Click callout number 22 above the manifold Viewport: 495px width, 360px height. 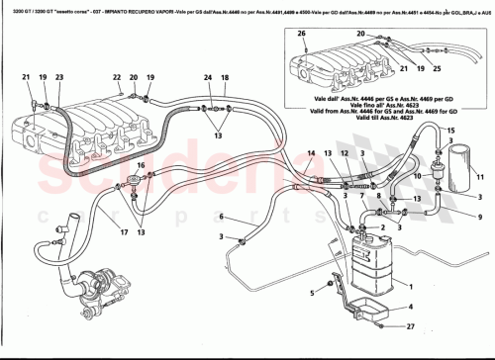pos(116,77)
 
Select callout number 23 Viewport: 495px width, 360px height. pos(59,77)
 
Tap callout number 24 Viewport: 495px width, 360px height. pos(208,77)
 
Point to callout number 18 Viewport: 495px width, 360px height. pos(225,77)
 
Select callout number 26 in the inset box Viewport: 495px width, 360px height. pos(301,34)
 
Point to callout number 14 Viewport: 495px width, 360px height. pos(311,153)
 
